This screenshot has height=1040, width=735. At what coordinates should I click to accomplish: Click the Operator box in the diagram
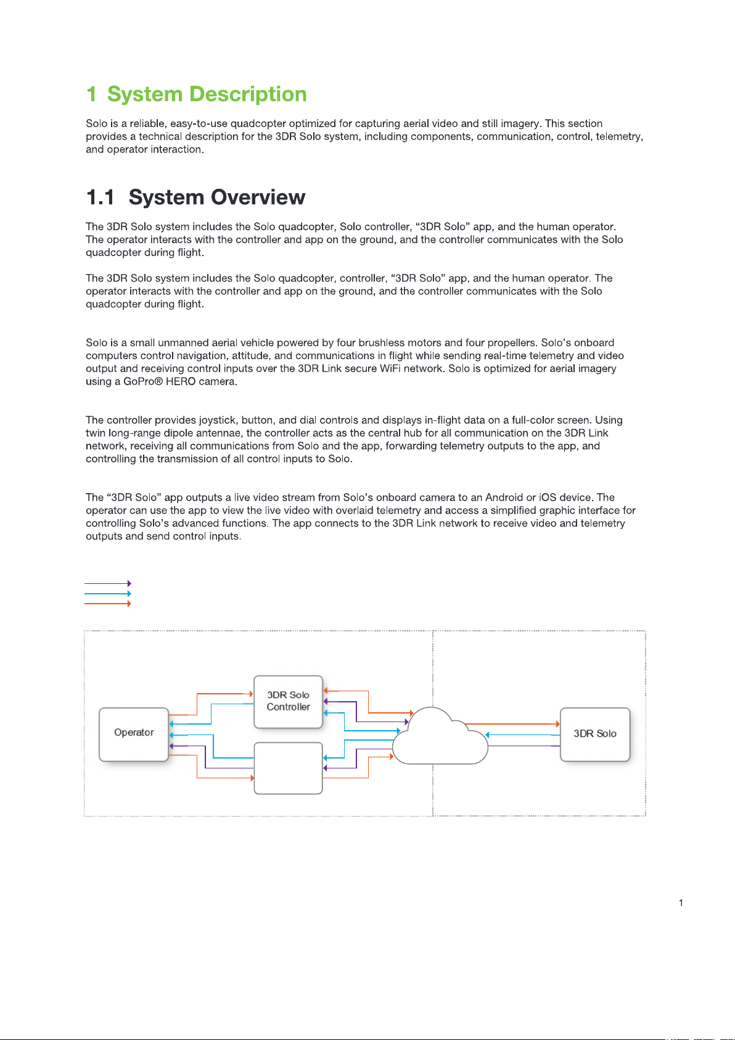pyautogui.click(x=134, y=734)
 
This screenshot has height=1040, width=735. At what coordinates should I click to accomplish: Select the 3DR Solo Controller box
pyautogui.click(x=288, y=702)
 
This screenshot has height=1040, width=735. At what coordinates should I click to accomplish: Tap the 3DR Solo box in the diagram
pyautogui.click(x=595, y=734)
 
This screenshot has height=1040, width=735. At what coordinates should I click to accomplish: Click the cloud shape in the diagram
pyautogui.click(x=439, y=738)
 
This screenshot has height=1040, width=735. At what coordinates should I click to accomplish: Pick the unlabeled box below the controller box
pyautogui.click(x=288, y=768)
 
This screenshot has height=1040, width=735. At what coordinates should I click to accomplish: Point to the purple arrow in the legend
pyautogui.click(x=107, y=583)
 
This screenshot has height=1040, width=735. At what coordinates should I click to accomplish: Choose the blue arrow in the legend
pyautogui.click(x=107, y=594)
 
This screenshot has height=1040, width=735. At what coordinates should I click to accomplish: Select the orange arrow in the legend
pyautogui.click(x=107, y=604)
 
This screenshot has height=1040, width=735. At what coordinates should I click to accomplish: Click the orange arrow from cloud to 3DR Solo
pyautogui.click(x=512, y=724)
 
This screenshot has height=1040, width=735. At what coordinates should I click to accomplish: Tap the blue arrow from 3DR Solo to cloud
pyautogui.click(x=524, y=735)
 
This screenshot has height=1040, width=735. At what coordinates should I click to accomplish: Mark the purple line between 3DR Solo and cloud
pyautogui.click(x=524, y=746)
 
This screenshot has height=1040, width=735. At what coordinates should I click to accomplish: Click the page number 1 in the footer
pyautogui.click(x=681, y=903)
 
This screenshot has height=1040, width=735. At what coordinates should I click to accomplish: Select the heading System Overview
pyautogui.click(x=216, y=198)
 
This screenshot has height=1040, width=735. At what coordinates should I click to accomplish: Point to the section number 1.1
pyautogui.click(x=101, y=198)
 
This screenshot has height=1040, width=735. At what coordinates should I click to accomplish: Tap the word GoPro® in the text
pyautogui.click(x=143, y=381)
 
